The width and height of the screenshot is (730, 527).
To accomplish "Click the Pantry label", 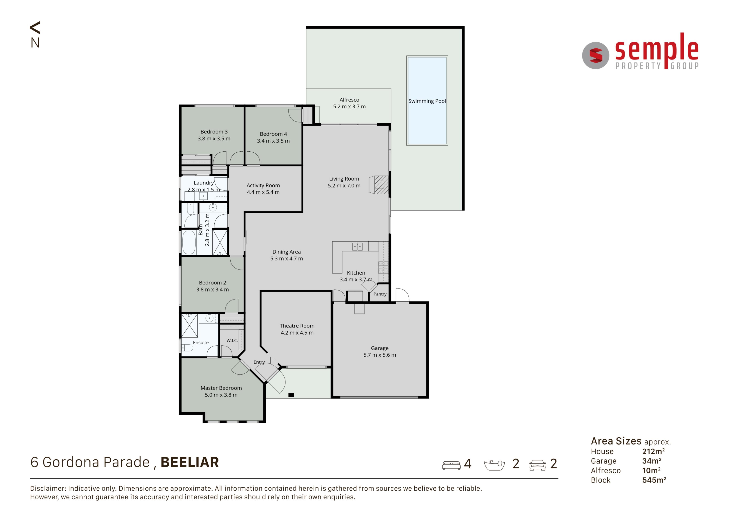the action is [380, 294].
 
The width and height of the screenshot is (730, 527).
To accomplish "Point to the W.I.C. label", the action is [232, 340].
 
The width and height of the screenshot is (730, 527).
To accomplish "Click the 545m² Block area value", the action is [654, 480].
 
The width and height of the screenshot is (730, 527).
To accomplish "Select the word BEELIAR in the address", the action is [190, 462].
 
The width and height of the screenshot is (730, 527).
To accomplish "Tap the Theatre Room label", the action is [297, 326].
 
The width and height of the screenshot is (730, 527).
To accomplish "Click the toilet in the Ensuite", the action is [187, 348].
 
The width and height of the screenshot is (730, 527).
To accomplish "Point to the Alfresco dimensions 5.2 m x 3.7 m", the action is [349, 107].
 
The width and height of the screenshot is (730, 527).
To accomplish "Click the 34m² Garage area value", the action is [651, 461].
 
